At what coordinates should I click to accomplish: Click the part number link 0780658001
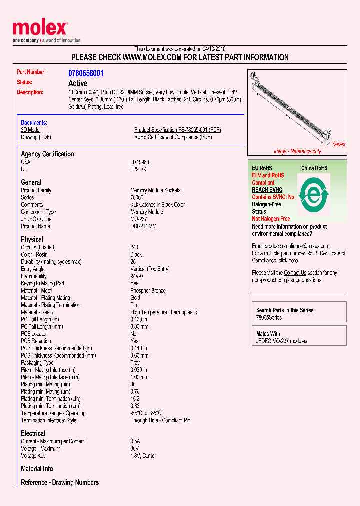pos(86,73)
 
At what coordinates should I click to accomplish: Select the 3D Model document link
pos(30,130)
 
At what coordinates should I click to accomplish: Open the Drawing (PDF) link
pos(36,137)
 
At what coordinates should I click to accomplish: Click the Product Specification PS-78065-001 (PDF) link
pos(177,130)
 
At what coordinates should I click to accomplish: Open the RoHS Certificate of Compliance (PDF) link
pos(173,137)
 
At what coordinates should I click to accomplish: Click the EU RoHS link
pos(262,168)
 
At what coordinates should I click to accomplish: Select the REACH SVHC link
pos(267,190)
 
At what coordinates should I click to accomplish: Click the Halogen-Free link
pos(266,204)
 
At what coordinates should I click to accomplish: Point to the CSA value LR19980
pos(140,162)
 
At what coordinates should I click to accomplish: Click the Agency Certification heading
pos(47,154)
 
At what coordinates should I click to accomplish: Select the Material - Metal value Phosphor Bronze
pos(148,291)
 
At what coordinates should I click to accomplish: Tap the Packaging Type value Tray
pos(136,363)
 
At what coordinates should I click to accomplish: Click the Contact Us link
pos(295,273)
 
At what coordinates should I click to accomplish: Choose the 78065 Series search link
pos(269,318)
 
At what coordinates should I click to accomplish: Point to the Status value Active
pos(77,83)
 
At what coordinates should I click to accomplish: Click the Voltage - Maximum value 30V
pos(135,449)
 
